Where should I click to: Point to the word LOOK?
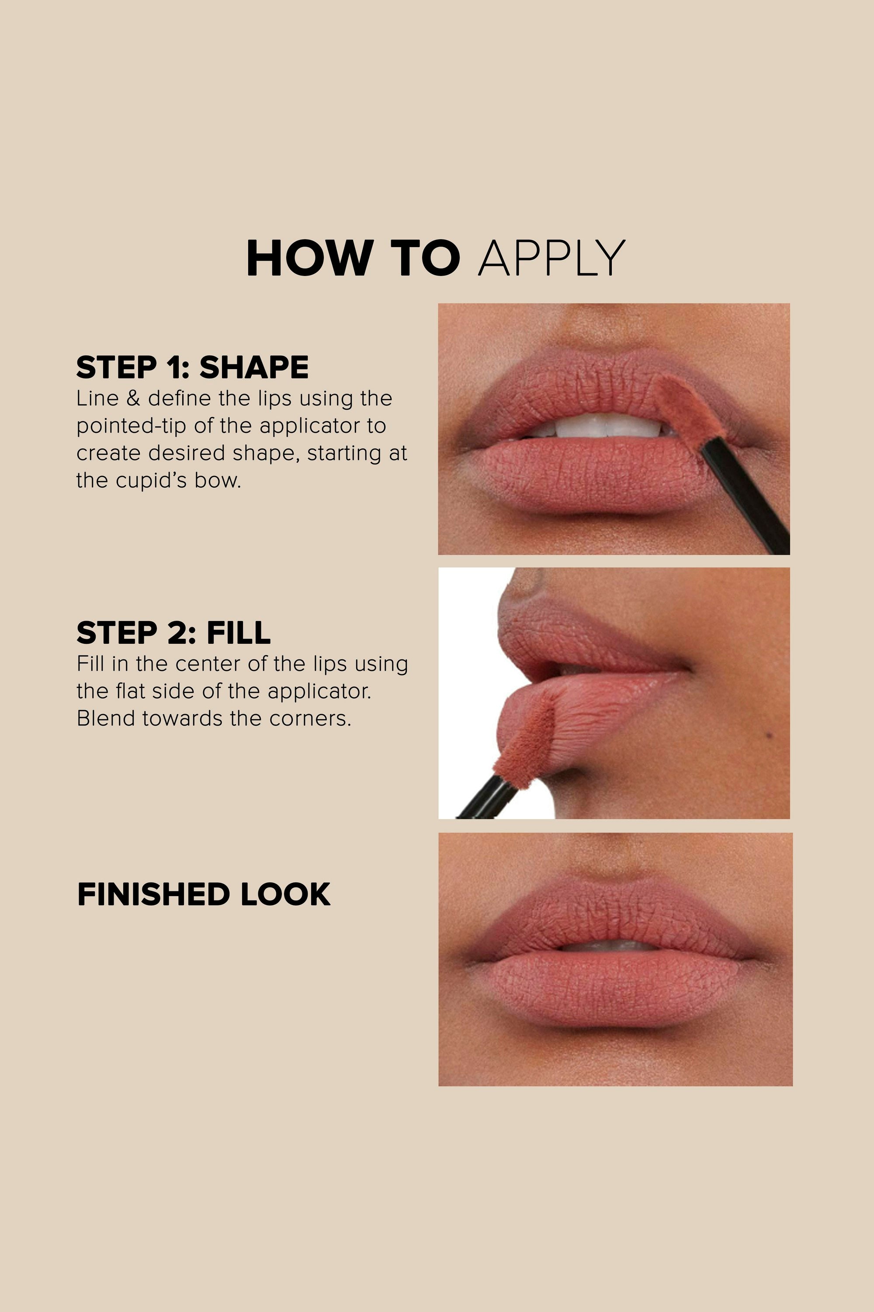[x=285, y=894]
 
